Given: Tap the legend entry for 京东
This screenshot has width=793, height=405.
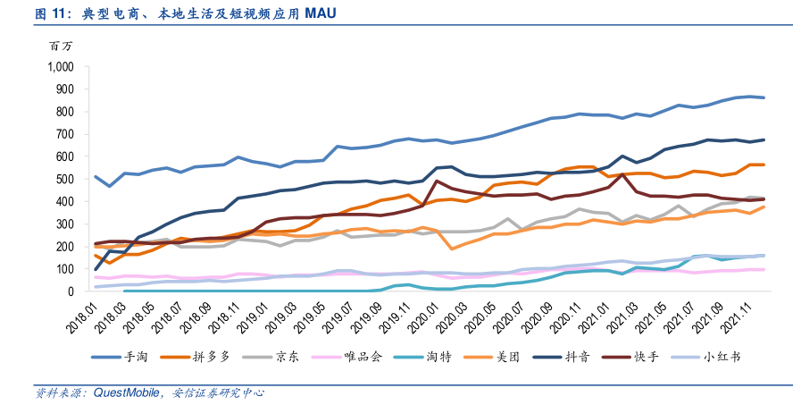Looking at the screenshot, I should click(x=286, y=356).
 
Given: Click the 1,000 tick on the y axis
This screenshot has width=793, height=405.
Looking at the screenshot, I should click(x=58, y=66).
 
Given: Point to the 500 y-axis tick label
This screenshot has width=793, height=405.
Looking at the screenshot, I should click(x=63, y=179).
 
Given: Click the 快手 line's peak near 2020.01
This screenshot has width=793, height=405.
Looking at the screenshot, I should click(x=438, y=181).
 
